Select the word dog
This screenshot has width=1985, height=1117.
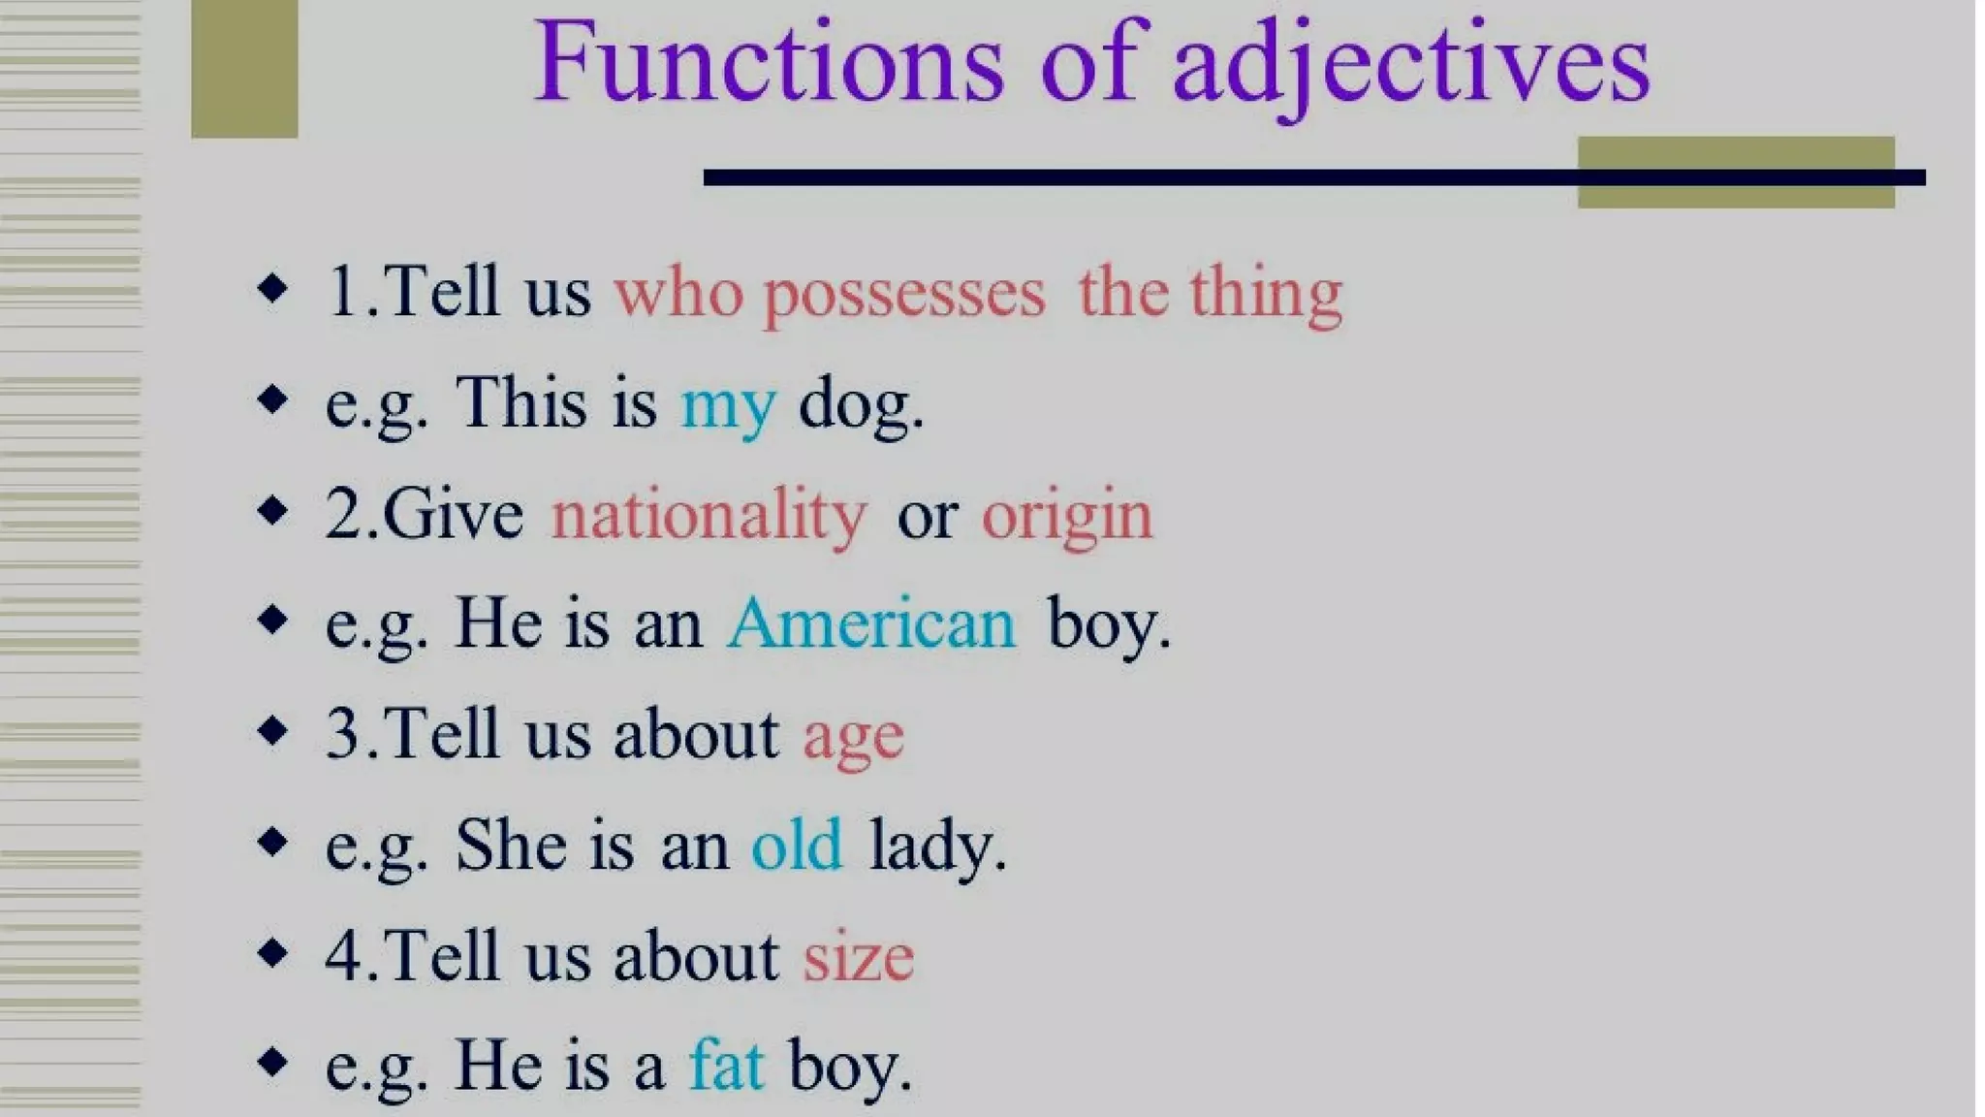click(860, 403)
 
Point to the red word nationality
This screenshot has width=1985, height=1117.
click(709, 515)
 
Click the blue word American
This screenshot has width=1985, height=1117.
click(871, 623)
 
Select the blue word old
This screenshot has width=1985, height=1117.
click(797, 846)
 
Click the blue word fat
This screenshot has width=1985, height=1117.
click(726, 1065)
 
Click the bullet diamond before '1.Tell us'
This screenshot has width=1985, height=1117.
click(272, 288)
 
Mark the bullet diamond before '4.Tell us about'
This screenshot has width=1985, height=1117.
click(272, 952)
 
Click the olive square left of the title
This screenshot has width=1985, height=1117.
click(244, 68)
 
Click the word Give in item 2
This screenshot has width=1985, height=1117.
click(453, 515)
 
